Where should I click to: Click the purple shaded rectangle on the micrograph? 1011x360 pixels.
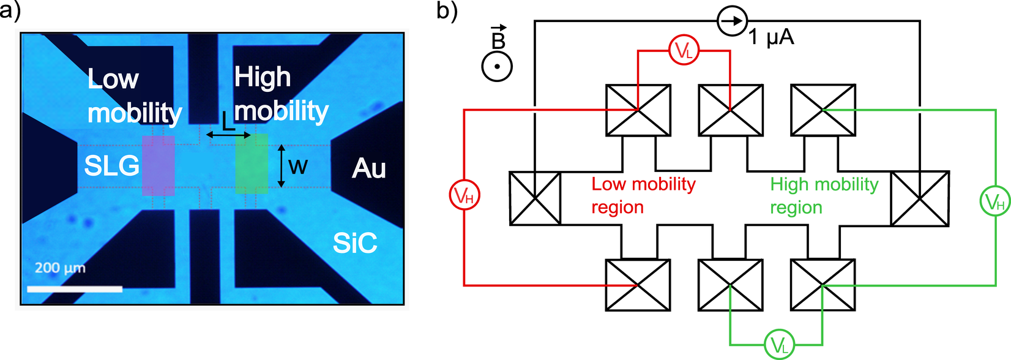click(158, 165)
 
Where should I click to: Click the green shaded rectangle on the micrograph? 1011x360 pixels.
click(252, 163)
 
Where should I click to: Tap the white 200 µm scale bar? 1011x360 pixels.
click(75, 288)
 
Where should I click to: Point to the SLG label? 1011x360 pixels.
click(111, 166)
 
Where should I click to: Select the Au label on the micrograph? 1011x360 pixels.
click(368, 168)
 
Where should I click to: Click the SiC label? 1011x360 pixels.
click(354, 244)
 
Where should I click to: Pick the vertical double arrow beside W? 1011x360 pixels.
click(281, 165)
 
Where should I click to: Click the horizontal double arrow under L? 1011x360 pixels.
click(228, 135)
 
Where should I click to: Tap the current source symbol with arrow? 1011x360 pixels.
click(732, 21)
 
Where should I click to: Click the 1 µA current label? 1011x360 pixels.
click(771, 38)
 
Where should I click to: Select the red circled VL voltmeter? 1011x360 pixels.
click(684, 51)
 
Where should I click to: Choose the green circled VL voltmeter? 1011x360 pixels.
click(779, 344)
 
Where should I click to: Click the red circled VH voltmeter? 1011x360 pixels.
click(464, 196)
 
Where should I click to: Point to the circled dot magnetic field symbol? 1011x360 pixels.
click(497, 66)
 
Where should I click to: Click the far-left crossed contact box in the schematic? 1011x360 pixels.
click(535, 198)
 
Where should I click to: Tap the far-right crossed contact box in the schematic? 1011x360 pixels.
click(919, 198)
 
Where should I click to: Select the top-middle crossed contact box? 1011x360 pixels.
click(731, 110)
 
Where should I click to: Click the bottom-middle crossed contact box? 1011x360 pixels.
click(731, 285)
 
